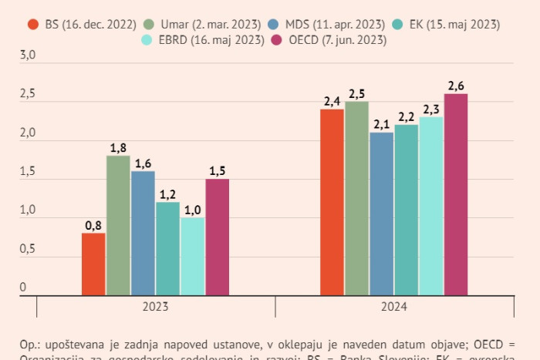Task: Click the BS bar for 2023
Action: coord(93,264)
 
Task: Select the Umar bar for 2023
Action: coord(118,225)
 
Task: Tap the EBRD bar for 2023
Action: coord(192,256)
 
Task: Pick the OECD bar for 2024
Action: coord(455,194)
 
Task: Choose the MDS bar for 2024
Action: coord(381,214)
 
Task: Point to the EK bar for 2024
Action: coord(406,210)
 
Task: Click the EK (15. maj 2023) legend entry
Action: coord(448,24)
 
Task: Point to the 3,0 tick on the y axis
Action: coord(27,56)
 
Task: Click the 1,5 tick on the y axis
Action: coord(27,172)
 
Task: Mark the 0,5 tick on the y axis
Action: coord(27,249)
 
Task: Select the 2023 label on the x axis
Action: coord(156,307)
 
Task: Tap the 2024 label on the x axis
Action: coord(393,307)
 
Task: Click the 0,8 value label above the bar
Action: coord(93,225)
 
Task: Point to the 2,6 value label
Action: coord(455,86)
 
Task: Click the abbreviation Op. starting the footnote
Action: coord(28,344)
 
